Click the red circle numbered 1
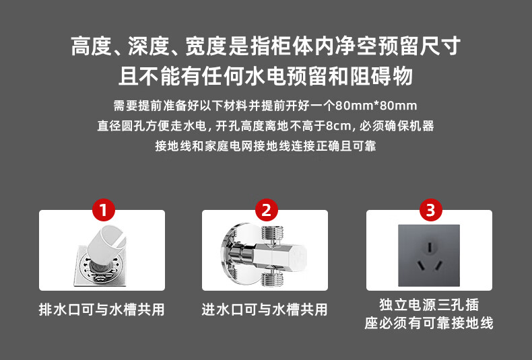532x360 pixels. (104, 210)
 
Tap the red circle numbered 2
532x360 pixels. (267, 210)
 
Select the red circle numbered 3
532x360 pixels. (430, 210)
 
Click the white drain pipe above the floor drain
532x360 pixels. (106, 244)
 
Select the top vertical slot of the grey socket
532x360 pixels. (430, 247)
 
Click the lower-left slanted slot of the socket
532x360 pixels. (421, 264)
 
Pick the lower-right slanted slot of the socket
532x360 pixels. (438, 264)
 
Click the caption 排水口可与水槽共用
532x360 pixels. (102, 310)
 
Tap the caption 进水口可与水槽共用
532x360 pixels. (264, 310)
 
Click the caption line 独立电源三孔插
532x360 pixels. (429, 304)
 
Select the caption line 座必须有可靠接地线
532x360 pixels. (429, 323)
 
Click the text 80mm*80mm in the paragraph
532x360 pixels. (376, 106)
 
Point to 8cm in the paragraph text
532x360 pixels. (338, 126)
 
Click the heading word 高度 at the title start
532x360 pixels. (92, 46)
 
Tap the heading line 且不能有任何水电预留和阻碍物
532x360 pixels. (265, 76)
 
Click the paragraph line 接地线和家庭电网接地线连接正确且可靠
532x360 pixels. (265, 146)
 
